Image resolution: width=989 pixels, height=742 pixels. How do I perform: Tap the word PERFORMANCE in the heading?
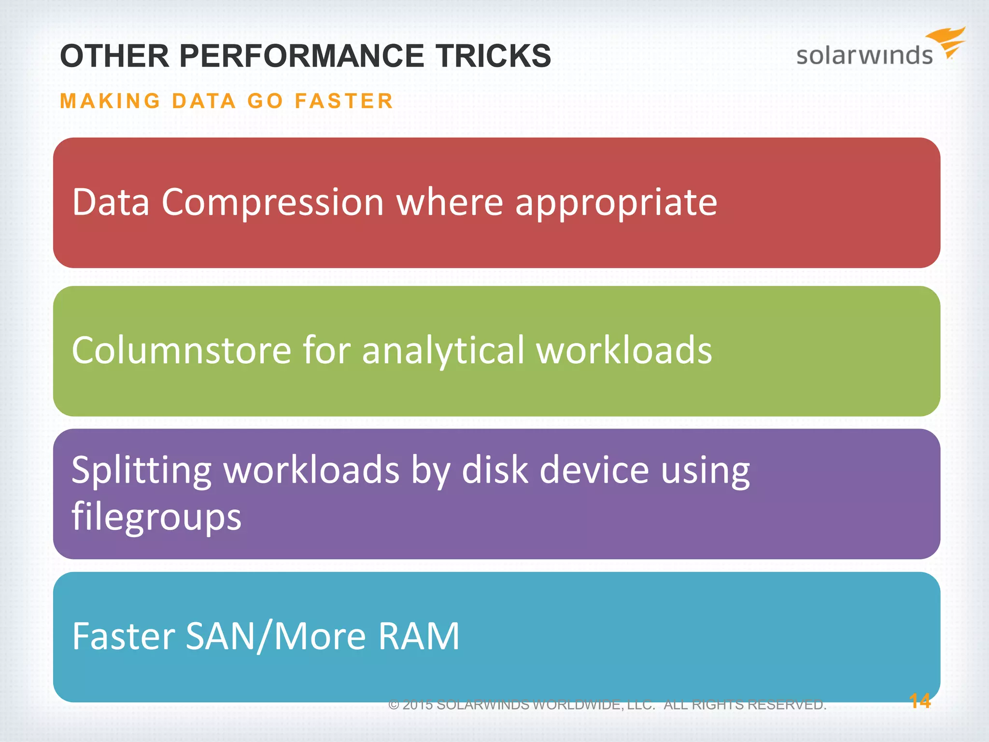302,56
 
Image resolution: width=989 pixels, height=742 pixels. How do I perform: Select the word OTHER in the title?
114,56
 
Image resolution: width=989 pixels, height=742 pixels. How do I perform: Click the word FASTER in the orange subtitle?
344,101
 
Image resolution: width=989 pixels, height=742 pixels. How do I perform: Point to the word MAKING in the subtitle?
110,101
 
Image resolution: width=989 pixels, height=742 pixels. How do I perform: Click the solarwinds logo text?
864,56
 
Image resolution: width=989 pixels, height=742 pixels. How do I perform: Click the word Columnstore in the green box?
181,350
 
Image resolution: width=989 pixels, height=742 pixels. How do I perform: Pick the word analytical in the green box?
443,350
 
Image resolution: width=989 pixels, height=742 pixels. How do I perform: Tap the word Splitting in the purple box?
141,470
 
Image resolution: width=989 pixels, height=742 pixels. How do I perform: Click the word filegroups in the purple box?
156,516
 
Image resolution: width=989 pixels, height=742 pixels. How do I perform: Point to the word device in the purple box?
594,470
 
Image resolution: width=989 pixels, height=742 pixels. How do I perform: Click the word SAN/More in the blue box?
275,636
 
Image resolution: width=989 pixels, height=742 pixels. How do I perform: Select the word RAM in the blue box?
419,636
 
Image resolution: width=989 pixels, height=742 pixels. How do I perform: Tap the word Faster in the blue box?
123,636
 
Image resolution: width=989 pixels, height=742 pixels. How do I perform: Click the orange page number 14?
919,701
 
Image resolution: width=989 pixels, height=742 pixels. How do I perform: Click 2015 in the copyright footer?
418,705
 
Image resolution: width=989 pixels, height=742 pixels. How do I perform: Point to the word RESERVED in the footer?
787,705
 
